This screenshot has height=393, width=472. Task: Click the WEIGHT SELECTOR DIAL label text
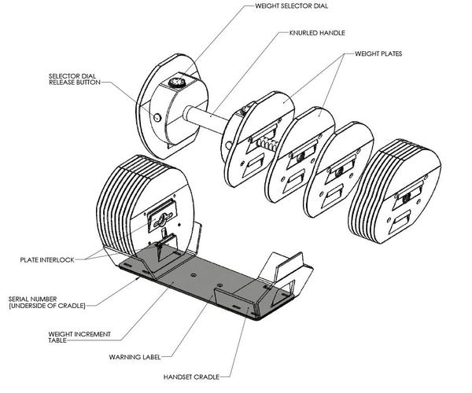(x=291, y=6)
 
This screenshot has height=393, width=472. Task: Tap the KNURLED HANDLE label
(x=317, y=33)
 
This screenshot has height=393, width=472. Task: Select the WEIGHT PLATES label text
(x=378, y=53)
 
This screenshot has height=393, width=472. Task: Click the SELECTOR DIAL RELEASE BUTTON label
(x=75, y=79)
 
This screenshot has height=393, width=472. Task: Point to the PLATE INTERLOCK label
(x=47, y=260)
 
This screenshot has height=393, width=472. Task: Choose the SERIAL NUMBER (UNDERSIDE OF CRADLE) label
(x=47, y=303)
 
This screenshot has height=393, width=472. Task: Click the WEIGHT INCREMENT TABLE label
(x=79, y=337)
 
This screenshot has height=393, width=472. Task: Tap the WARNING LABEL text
(x=135, y=357)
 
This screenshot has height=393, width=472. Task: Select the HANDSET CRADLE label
(x=191, y=376)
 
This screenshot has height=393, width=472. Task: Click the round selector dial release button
(x=157, y=117)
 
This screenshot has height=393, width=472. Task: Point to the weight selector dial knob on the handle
(x=177, y=82)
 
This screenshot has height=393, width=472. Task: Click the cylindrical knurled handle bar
(x=205, y=119)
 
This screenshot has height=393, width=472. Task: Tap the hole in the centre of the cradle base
(x=194, y=274)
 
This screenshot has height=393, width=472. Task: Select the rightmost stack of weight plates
(x=394, y=191)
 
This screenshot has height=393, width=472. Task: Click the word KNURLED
(x=303, y=33)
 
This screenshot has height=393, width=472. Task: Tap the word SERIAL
(x=18, y=299)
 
